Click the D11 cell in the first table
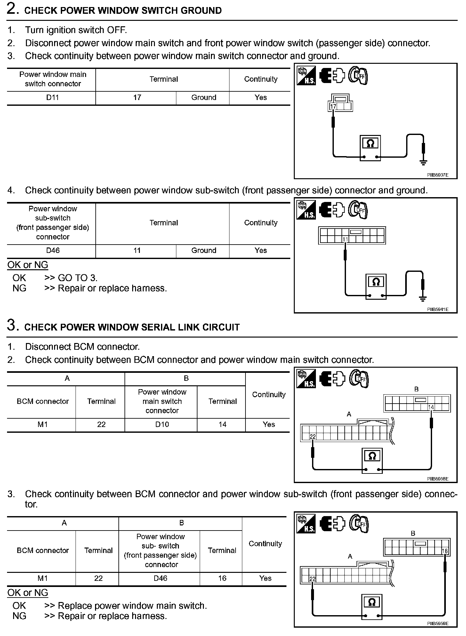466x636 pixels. [x=52, y=97]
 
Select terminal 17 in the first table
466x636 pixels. [x=137, y=97]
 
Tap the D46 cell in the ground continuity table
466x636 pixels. [x=52, y=250]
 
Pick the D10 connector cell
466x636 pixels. [x=162, y=424]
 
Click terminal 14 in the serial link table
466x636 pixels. [x=222, y=424]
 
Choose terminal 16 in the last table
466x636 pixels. [x=222, y=578]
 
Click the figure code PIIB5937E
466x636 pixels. [x=438, y=175]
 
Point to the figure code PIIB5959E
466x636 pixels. [x=438, y=623]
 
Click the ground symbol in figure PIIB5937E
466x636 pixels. [x=423, y=163]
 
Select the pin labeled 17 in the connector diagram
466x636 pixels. [x=333, y=106]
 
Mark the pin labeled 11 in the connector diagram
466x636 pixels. [x=345, y=239]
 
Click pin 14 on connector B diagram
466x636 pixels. [x=431, y=407]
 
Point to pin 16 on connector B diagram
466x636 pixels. [x=445, y=551]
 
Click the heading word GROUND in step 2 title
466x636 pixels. [x=201, y=11]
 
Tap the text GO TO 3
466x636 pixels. [x=77, y=278]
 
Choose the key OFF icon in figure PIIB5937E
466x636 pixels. [x=358, y=76]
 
